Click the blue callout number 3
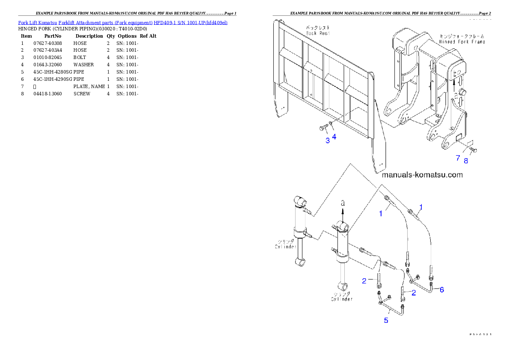pyautogui.click(x=328, y=141)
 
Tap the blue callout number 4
pyautogui.click(x=334, y=137)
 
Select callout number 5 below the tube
pyautogui.click(x=386, y=320)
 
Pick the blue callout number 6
pyautogui.click(x=441, y=289)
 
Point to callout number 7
pyautogui.click(x=458, y=158)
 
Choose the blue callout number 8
pyautogui.click(x=466, y=161)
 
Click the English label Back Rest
pyautogui.click(x=317, y=33)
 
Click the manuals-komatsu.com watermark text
pyautogui.click(x=422, y=175)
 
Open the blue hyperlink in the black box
pyautogui.click(x=122, y=22)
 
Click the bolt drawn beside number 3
pyautogui.click(x=323, y=127)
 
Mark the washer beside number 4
pyautogui.click(x=331, y=125)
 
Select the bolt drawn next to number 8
pyautogui.click(x=473, y=150)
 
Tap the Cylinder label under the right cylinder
pyautogui.click(x=342, y=299)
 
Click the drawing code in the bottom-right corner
pyautogui.click(x=479, y=334)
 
